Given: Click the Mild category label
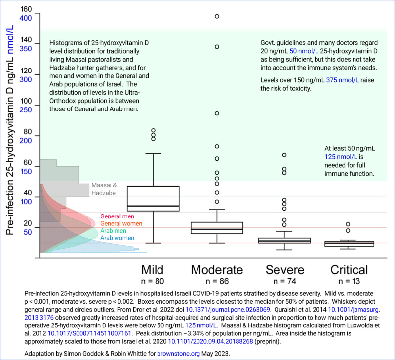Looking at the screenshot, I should (x=153, y=270).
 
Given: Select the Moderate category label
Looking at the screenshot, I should (x=217, y=270).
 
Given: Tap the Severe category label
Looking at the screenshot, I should (x=284, y=270).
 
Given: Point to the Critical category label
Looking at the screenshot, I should (x=349, y=270).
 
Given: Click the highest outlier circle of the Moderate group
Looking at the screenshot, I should (x=217, y=16).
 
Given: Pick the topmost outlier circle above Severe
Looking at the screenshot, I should (x=284, y=155).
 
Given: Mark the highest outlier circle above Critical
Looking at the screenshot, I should (x=348, y=224).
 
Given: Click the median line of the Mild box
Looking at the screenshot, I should (x=153, y=206).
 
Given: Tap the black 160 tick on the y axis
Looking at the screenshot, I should (x=26, y=10).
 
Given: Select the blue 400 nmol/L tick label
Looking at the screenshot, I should (x=25, y=18).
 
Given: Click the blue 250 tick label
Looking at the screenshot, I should (x=25, y=109).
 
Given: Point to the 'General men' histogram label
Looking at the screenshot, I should (x=118, y=216).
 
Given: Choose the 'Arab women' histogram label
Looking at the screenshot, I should (x=118, y=238).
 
